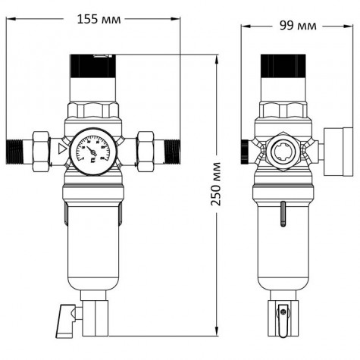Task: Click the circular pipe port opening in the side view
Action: (283, 148)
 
